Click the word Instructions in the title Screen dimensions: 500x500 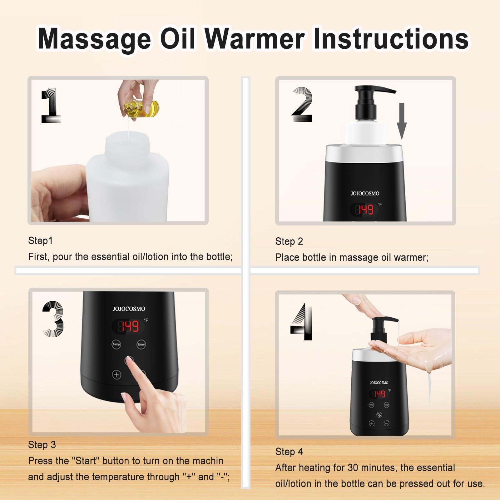pyautogui.click(x=390, y=39)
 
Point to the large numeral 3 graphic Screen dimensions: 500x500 pyautogui.click(x=53, y=319)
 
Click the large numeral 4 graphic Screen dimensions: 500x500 pyautogui.click(x=302, y=322)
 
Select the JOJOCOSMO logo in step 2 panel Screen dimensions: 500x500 pyautogui.click(x=365, y=194)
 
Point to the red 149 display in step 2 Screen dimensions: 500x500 pyautogui.click(x=365, y=210)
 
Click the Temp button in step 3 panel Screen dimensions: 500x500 pyautogui.click(x=116, y=344)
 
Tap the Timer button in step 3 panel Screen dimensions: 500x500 pyautogui.click(x=141, y=344)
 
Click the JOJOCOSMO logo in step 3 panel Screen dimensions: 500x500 pyautogui.click(x=129, y=309)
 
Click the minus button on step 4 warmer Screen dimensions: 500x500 pyautogui.click(x=387, y=423)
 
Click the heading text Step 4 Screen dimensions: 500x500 pyautogui.click(x=289, y=452)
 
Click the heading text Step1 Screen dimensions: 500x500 pyautogui.click(x=40, y=240)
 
